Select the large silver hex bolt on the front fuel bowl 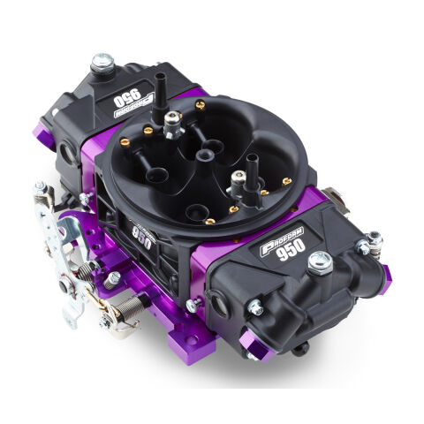(319, 261)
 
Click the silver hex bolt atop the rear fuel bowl (102, 63)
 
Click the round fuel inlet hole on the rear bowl (68, 153)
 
